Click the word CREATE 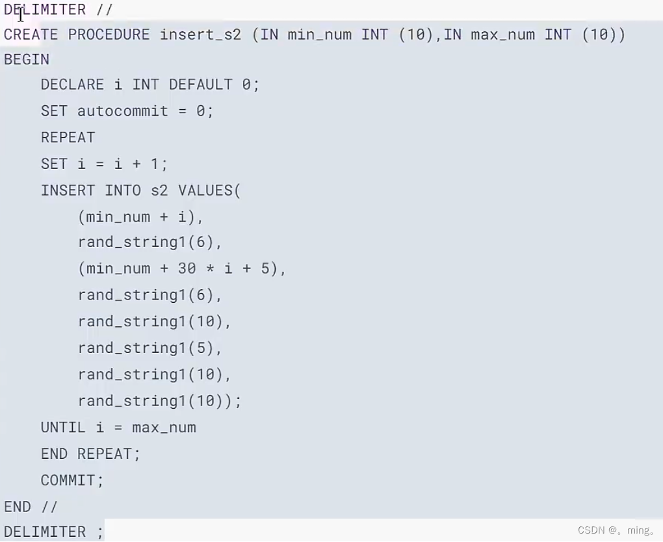(x=31, y=34)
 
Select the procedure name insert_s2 (x=200, y=34)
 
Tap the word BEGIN (x=27, y=60)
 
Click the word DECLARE (x=72, y=84)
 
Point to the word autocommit (x=123, y=111)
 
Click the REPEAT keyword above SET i (x=68, y=137)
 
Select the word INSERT (x=68, y=190)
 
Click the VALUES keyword (x=205, y=190)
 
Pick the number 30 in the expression (x=187, y=268)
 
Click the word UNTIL (x=63, y=428)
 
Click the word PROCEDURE (x=109, y=34)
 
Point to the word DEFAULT (x=200, y=84)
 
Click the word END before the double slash (x=18, y=506)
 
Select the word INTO (x=123, y=190)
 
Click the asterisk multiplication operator (x=210, y=268)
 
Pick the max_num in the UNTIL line (x=164, y=428)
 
